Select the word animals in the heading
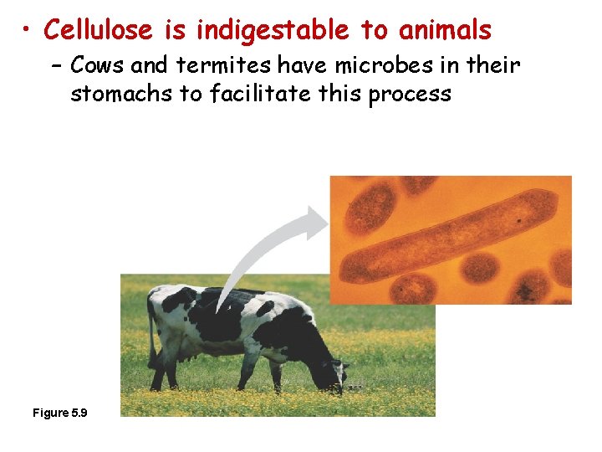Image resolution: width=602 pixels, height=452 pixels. [x=445, y=30]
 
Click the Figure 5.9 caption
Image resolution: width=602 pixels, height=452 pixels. [x=61, y=413]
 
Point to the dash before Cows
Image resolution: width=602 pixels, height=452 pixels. [x=59, y=65]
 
